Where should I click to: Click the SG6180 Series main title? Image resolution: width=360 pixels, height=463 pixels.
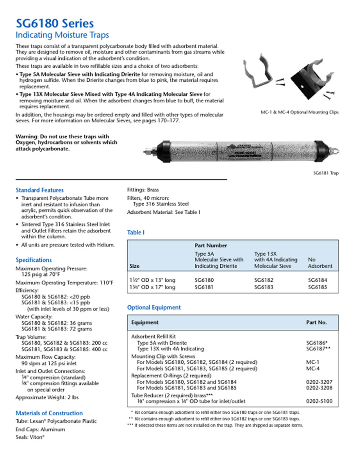coord(55,23)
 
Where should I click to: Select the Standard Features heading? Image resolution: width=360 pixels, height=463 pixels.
coord(40,190)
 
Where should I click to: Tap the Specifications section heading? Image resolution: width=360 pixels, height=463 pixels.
coord(34,260)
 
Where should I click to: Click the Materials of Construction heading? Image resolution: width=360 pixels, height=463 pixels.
coord(49,413)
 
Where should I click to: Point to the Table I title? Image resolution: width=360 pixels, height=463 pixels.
coord(136,233)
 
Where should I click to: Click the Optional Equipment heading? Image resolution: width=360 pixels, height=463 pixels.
coord(154,307)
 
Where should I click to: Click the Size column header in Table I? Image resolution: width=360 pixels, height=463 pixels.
coord(135,266)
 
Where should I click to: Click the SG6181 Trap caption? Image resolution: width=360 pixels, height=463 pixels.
coord(326,173)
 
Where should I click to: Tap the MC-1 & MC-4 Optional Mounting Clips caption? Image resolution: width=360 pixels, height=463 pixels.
coord(300,112)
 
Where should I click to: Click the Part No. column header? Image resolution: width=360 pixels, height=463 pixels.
coord(316,322)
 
